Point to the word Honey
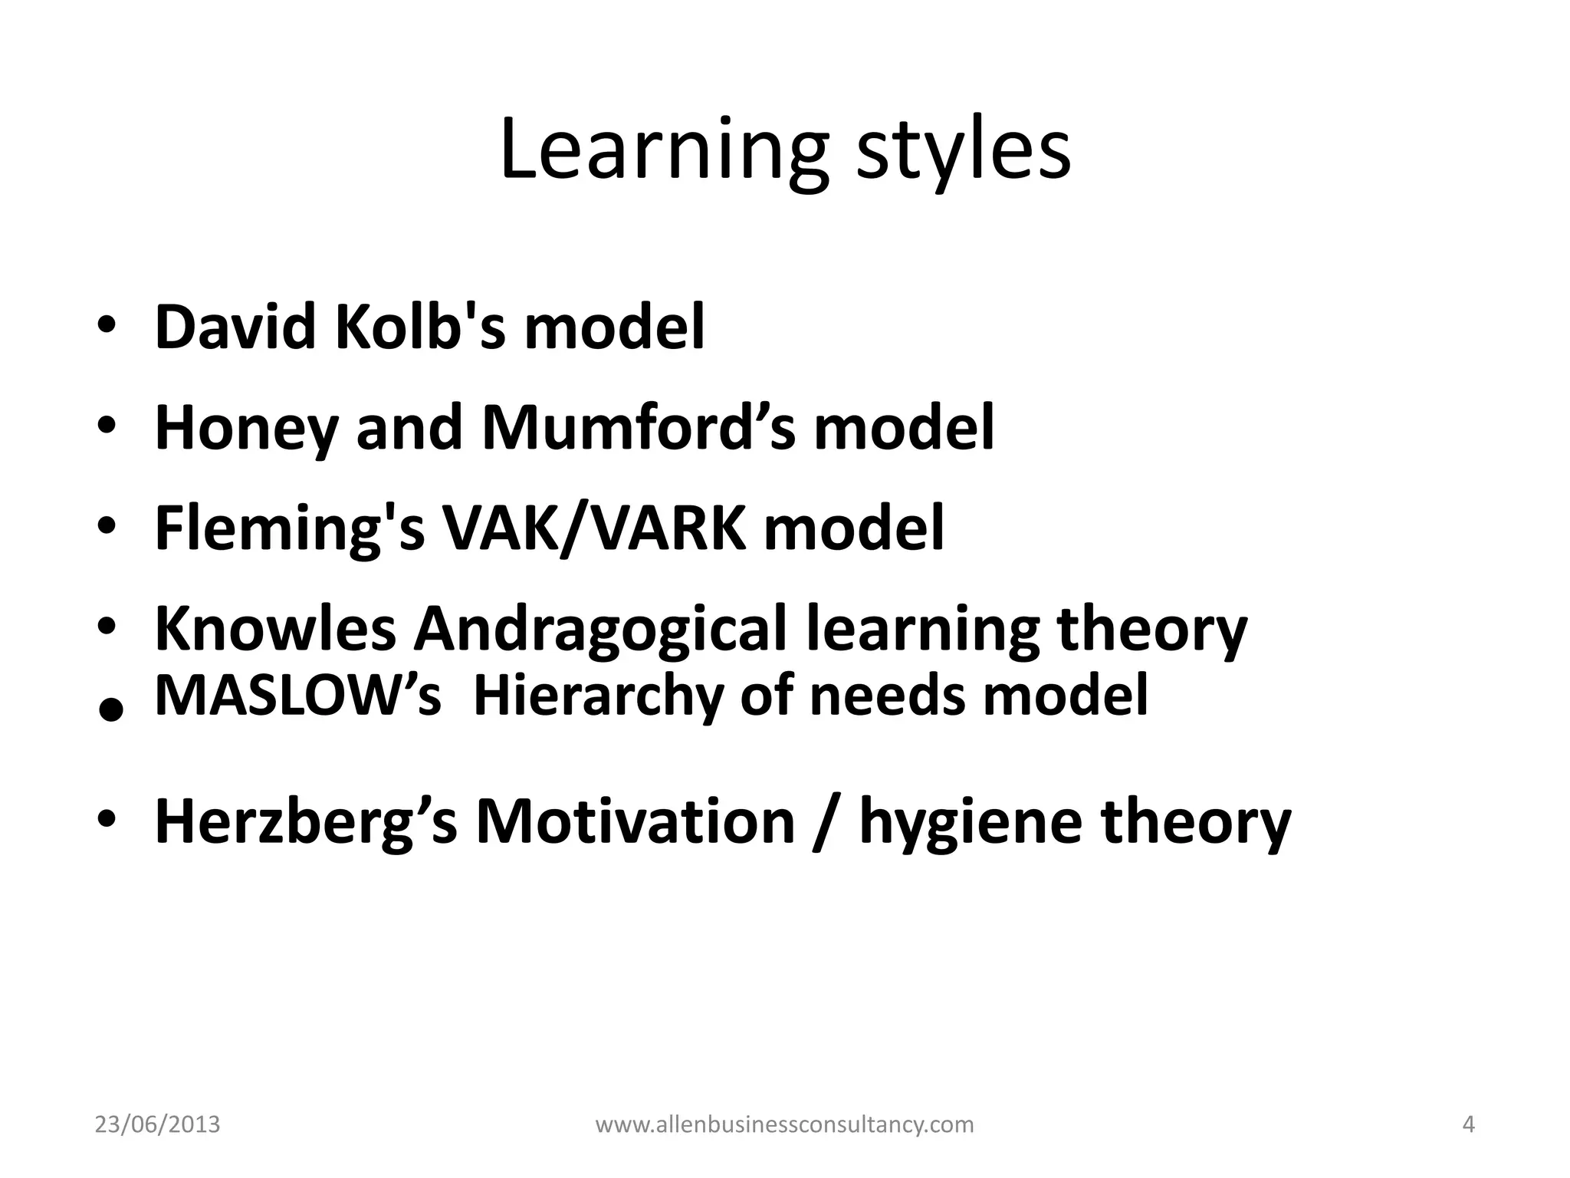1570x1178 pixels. (246, 427)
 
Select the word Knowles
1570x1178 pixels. (276, 629)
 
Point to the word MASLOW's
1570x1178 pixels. (298, 696)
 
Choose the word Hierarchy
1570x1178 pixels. (597, 696)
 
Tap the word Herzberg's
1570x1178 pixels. (306, 821)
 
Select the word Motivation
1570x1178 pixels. (636, 821)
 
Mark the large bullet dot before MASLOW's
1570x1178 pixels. (111, 710)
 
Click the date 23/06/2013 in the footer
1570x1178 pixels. (157, 1125)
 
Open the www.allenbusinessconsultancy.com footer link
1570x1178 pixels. (784, 1125)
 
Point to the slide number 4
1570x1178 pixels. (1469, 1125)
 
